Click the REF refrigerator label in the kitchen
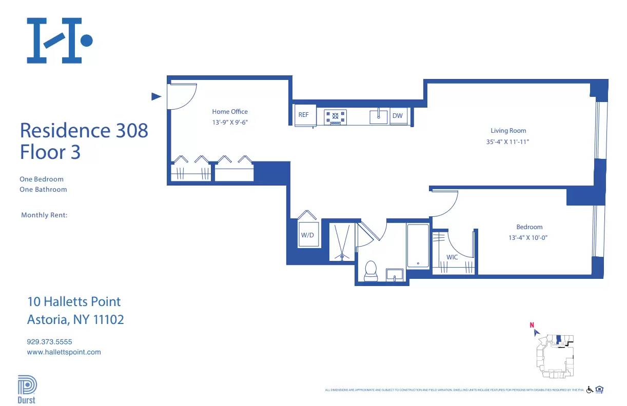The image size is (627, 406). coord(303,115)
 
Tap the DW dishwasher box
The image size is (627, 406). coord(398,116)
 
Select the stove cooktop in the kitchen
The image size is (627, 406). coord(336,117)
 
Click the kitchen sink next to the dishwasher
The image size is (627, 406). coord(379,116)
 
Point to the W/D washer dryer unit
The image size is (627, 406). coord(307,235)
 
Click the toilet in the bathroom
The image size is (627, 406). coord(370,271)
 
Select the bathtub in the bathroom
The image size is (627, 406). coord(418,246)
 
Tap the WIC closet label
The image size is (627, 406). coord(452,257)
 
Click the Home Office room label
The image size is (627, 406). coord(230,111)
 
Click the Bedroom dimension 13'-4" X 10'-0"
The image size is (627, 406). coord(529,238)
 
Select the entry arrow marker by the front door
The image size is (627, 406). coord(156,96)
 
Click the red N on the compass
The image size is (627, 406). coord(532,324)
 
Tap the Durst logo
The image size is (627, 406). coord(27,389)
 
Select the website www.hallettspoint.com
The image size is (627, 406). coord(64,352)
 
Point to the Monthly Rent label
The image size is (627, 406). coord(44,215)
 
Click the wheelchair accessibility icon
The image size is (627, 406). coord(590,390)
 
